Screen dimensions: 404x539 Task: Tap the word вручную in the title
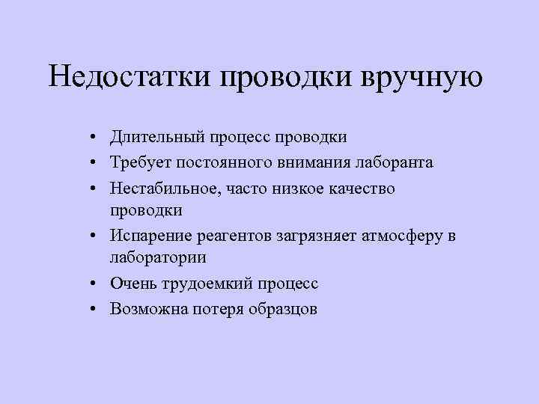(424, 76)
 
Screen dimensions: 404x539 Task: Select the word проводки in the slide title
(288, 76)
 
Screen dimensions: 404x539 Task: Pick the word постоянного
(231, 162)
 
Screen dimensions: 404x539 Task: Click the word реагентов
(238, 236)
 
